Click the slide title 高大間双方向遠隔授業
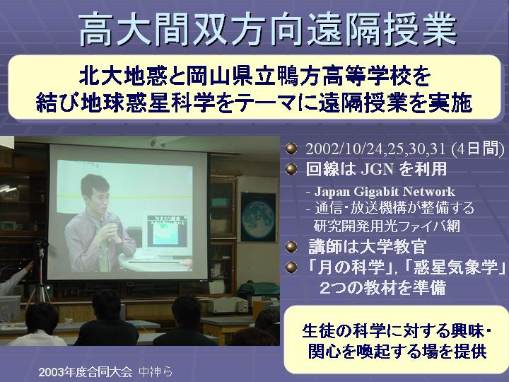tap(267, 29)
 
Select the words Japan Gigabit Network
tap(385, 192)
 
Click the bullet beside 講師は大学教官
tap(291, 247)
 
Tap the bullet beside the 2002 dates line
tap(291, 149)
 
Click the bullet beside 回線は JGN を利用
tap(291, 169)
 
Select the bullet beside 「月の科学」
tap(291, 267)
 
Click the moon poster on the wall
tap(259, 217)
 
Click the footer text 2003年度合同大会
tap(86, 372)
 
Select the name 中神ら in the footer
tap(156, 372)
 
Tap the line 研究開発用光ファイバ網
tap(387, 226)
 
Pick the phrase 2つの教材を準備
tap(382, 288)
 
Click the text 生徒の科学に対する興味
tap(394, 331)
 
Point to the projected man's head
tap(95, 191)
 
